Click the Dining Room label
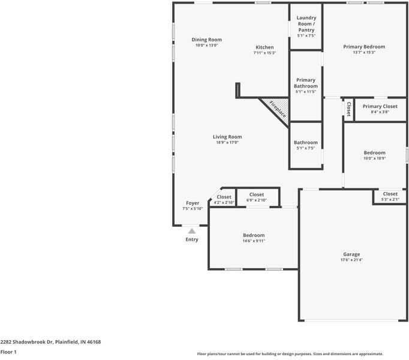tap(206, 40)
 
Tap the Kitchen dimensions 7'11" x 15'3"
tap(264, 53)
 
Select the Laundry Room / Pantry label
tap(306, 24)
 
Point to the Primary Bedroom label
tap(364, 47)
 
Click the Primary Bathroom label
tap(306, 83)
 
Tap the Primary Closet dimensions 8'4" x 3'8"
tap(380, 112)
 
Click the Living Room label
tap(227, 137)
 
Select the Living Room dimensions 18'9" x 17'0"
tap(227, 143)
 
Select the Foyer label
tap(193, 203)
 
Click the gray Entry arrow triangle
tap(192, 231)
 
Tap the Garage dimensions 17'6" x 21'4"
tap(351, 260)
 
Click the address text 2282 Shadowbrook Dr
tap(26, 342)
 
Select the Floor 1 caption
tap(8, 352)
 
